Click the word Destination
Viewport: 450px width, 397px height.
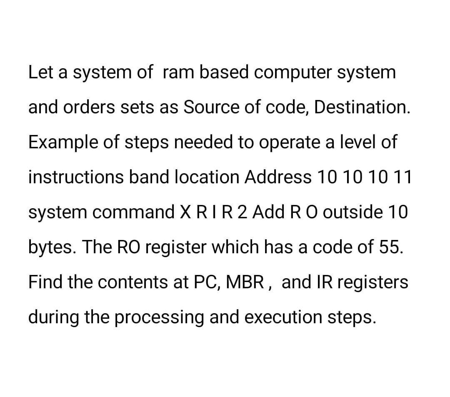pyautogui.click(x=361, y=108)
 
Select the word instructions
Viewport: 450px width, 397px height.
pyautogui.click(x=75, y=178)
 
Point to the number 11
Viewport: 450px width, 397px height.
pyautogui.click(x=402, y=178)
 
